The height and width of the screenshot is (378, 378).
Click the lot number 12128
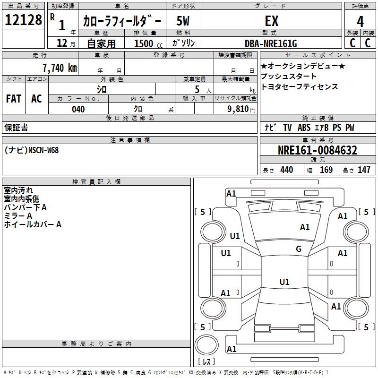pyautogui.click(x=23, y=20)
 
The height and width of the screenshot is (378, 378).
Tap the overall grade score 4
pyautogui.click(x=360, y=21)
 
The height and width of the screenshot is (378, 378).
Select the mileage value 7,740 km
pyautogui.click(x=60, y=68)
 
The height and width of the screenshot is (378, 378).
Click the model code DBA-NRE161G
pyautogui.click(x=271, y=43)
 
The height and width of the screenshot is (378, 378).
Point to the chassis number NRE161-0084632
pyautogui.click(x=318, y=150)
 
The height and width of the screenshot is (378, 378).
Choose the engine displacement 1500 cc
pyautogui.click(x=148, y=43)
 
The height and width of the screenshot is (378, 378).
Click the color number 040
pyautogui.click(x=78, y=109)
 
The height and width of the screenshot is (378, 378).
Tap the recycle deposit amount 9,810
pyautogui.click(x=238, y=109)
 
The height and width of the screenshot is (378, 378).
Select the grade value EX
pyautogui.click(x=272, y=21)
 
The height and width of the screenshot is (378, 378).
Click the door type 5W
pyautogui.click(x=183, y=21)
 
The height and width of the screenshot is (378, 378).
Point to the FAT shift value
pyautogui.click(x=14, y=99)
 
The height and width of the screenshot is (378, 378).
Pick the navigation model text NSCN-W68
pyautogui.click(x=43, y=150)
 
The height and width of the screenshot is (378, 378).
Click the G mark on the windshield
pyautogui.click(x=299, y=249)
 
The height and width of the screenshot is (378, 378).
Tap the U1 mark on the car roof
pyautogui.click(x=284, y=282)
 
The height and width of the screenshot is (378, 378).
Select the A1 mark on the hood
pyautogui.click(x=305, y=227)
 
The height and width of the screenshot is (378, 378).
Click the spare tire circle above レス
pyautogui.click(x=206, y=344)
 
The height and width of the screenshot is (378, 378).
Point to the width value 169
pyautogui.click(x=326, y=170)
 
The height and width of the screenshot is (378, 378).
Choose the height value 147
pyautogui.click(x=364, y=170)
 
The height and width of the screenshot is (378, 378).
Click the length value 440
pyautogui.click(x=287, y=170)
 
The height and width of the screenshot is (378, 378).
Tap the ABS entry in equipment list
pyautogui.click(x=304, y=128)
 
